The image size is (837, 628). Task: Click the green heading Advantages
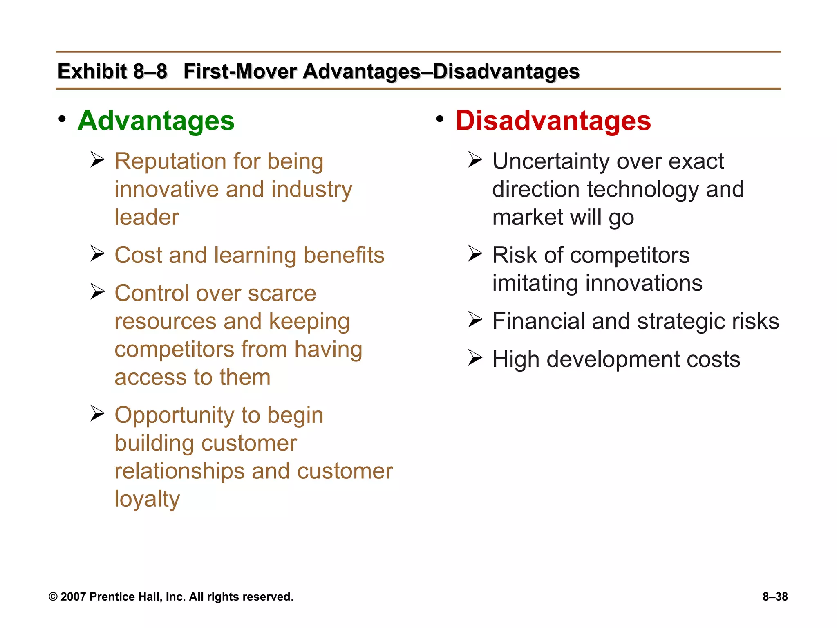click(156, 121)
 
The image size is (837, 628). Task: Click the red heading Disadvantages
click(553, 121)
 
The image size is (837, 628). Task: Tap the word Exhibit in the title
click(92, 71)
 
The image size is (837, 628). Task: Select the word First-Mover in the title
click(240, 71)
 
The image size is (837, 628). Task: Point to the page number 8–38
click(775, 597)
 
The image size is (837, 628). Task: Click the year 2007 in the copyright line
click(73, 597)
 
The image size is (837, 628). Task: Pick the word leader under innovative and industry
click(147, 217)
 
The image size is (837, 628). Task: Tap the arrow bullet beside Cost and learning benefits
click(98, 253)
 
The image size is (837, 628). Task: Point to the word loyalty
click(147, 499)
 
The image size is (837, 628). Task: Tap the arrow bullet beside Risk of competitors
click(475, 253)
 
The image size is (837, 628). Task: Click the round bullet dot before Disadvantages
click(440, 119)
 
